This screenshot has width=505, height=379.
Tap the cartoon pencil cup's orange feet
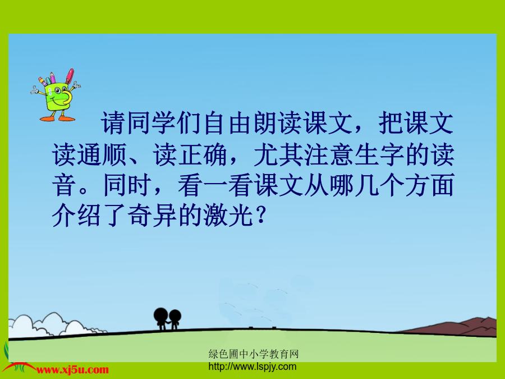pos(57,118)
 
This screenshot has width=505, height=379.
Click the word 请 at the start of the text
pos(113,123)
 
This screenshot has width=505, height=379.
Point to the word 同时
pos(127,185)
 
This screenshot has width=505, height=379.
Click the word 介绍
pos(77,215)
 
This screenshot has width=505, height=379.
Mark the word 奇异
pos(153,215)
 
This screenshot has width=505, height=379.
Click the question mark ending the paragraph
pos(261,215)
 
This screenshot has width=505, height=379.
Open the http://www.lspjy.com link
pos(252,367)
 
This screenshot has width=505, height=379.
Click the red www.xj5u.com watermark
pos(73,370)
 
